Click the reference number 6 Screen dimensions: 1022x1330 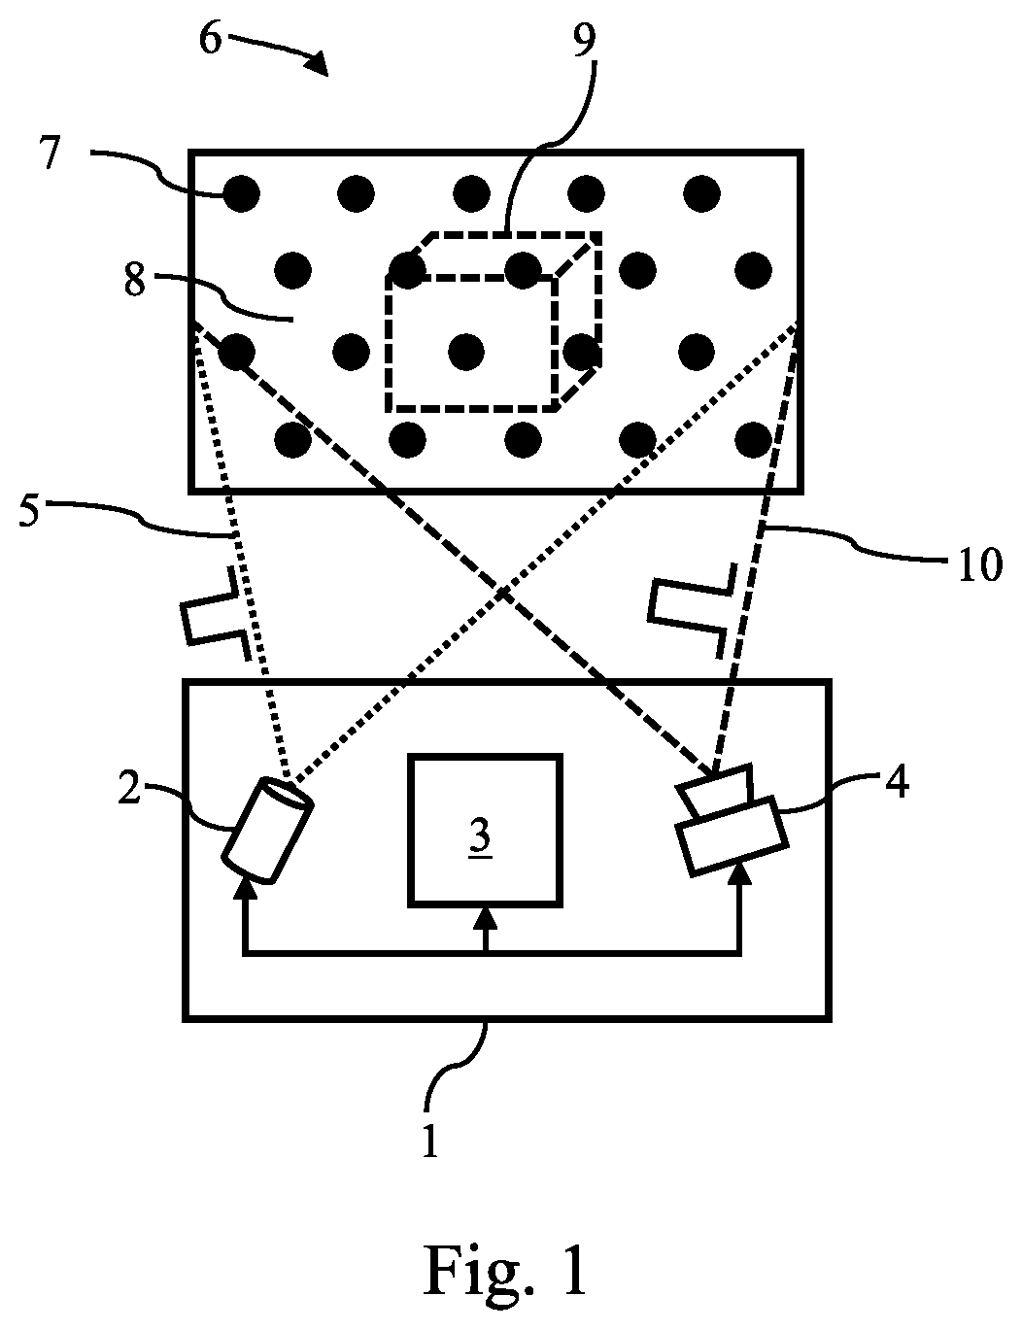(210, 41)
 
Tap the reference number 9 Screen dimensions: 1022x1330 (584, 41)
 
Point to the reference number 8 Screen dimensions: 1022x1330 (135, 281)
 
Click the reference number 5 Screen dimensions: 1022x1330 (29, 511)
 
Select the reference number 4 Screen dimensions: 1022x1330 (897, 783)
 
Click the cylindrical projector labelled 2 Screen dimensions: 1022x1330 (268, 830)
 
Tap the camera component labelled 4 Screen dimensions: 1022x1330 (732, 820)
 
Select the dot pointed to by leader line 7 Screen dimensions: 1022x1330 (241, 193)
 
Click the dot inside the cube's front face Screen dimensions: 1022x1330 (466, 352)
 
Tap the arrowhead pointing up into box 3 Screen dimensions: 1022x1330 (487, 918)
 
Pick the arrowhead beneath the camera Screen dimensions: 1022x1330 (742, 876)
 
